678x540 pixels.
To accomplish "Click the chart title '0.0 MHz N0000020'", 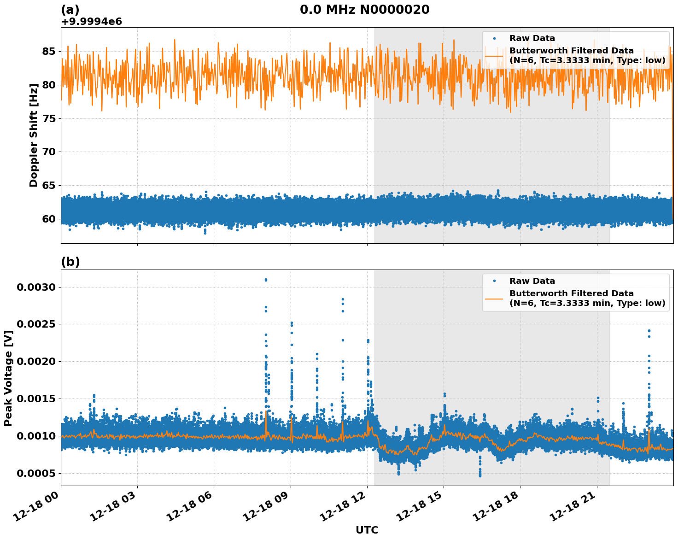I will point(364,10).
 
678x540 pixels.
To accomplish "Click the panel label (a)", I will point(70,10).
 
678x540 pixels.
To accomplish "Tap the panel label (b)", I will point(70,262).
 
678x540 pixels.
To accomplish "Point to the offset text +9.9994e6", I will point(91,22).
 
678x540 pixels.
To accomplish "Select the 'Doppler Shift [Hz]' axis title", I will point(34,135).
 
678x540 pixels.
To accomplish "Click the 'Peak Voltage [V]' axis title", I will point(8,378).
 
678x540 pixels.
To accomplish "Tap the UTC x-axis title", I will point(367,530).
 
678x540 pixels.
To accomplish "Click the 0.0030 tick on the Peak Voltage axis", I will point(36,287).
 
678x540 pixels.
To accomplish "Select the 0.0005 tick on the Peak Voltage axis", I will point(36,473).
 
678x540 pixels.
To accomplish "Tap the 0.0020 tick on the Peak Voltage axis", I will point(36,362).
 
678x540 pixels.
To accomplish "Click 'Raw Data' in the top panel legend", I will point(532,38).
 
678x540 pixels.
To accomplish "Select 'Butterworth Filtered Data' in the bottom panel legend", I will point(571,293).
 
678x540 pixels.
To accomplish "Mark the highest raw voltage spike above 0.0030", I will point(266,280).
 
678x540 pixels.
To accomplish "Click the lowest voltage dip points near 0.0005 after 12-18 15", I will point(479,475).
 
